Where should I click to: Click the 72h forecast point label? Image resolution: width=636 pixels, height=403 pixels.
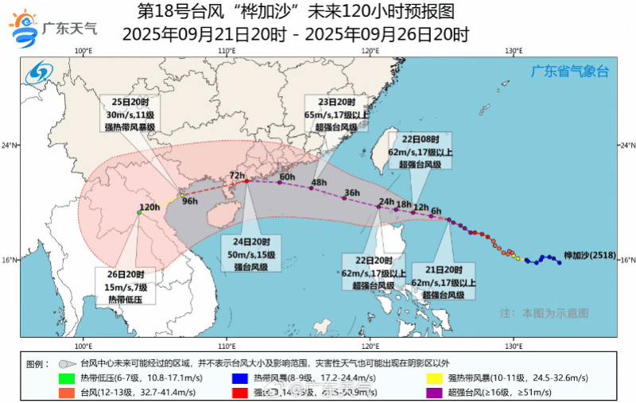(236, 175)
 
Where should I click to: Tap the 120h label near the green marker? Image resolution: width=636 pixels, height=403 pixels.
(149, 206)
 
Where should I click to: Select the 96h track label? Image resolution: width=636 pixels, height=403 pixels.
(190, 201)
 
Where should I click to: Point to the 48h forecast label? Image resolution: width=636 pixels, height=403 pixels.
(319, 182)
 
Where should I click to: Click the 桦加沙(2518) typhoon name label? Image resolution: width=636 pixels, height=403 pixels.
(590, 256)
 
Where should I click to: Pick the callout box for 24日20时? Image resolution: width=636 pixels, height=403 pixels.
(251, 254)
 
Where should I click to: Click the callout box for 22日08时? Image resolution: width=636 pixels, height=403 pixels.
(425, 152)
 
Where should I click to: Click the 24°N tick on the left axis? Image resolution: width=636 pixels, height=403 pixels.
(11, 145)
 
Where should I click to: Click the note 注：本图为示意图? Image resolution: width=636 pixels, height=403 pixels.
(544, 313)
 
